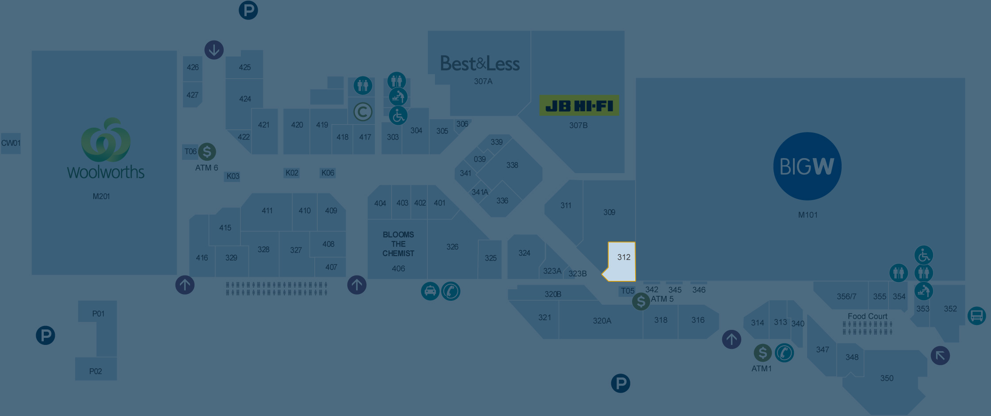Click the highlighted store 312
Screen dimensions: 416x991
pos(622,261)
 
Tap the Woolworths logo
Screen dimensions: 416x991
pos(106,148)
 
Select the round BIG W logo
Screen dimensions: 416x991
pos(807,166)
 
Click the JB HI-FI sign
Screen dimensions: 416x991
pos(579,106)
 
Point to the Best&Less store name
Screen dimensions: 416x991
pos(480,64)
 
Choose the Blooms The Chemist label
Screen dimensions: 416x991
pos(398,244)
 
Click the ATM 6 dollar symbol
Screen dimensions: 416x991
pos(207,152)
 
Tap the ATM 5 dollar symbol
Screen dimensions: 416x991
pos(641,302)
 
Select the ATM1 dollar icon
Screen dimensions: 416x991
pos(762,353)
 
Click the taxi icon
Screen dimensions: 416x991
pos(430,291)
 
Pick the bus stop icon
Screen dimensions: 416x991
pos(976,316)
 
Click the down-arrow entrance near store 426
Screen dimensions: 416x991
pos(214,50)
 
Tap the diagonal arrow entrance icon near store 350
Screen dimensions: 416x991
pos(940,355)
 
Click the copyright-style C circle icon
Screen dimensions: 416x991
pos(363,112)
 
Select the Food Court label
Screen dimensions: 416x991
pos(867,316)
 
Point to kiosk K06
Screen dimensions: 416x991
pos(328,173)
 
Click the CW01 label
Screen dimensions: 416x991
pos(11,143)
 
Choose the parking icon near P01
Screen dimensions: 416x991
pos(46,336)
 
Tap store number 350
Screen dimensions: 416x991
pos(887,378)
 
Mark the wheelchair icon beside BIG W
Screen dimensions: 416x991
pos(924,255)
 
